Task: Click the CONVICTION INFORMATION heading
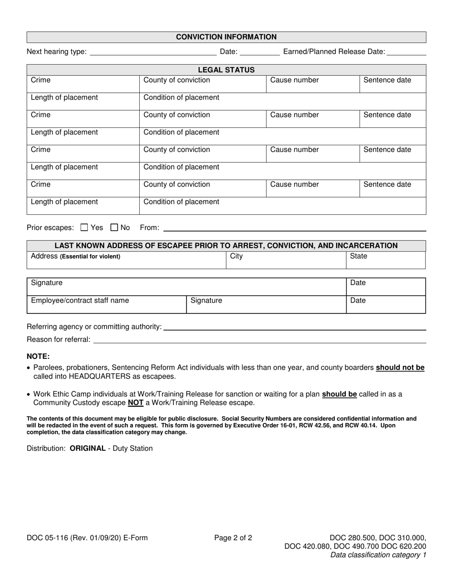(226, 37)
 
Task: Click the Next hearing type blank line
(153, 52)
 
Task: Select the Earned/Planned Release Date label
(334, 51)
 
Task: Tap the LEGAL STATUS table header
(226, 70)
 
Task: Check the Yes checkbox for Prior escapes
(84, 228)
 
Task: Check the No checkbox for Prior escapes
(114, 228)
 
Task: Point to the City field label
(236, 256)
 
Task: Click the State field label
(359, 256)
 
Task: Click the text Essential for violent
(90, 257)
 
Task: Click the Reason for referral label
(58, 340)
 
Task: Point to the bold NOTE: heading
(38, 356)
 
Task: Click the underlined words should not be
(400, 368)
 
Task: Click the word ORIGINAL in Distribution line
(87, 448)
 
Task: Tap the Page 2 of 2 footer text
(233, 538)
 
